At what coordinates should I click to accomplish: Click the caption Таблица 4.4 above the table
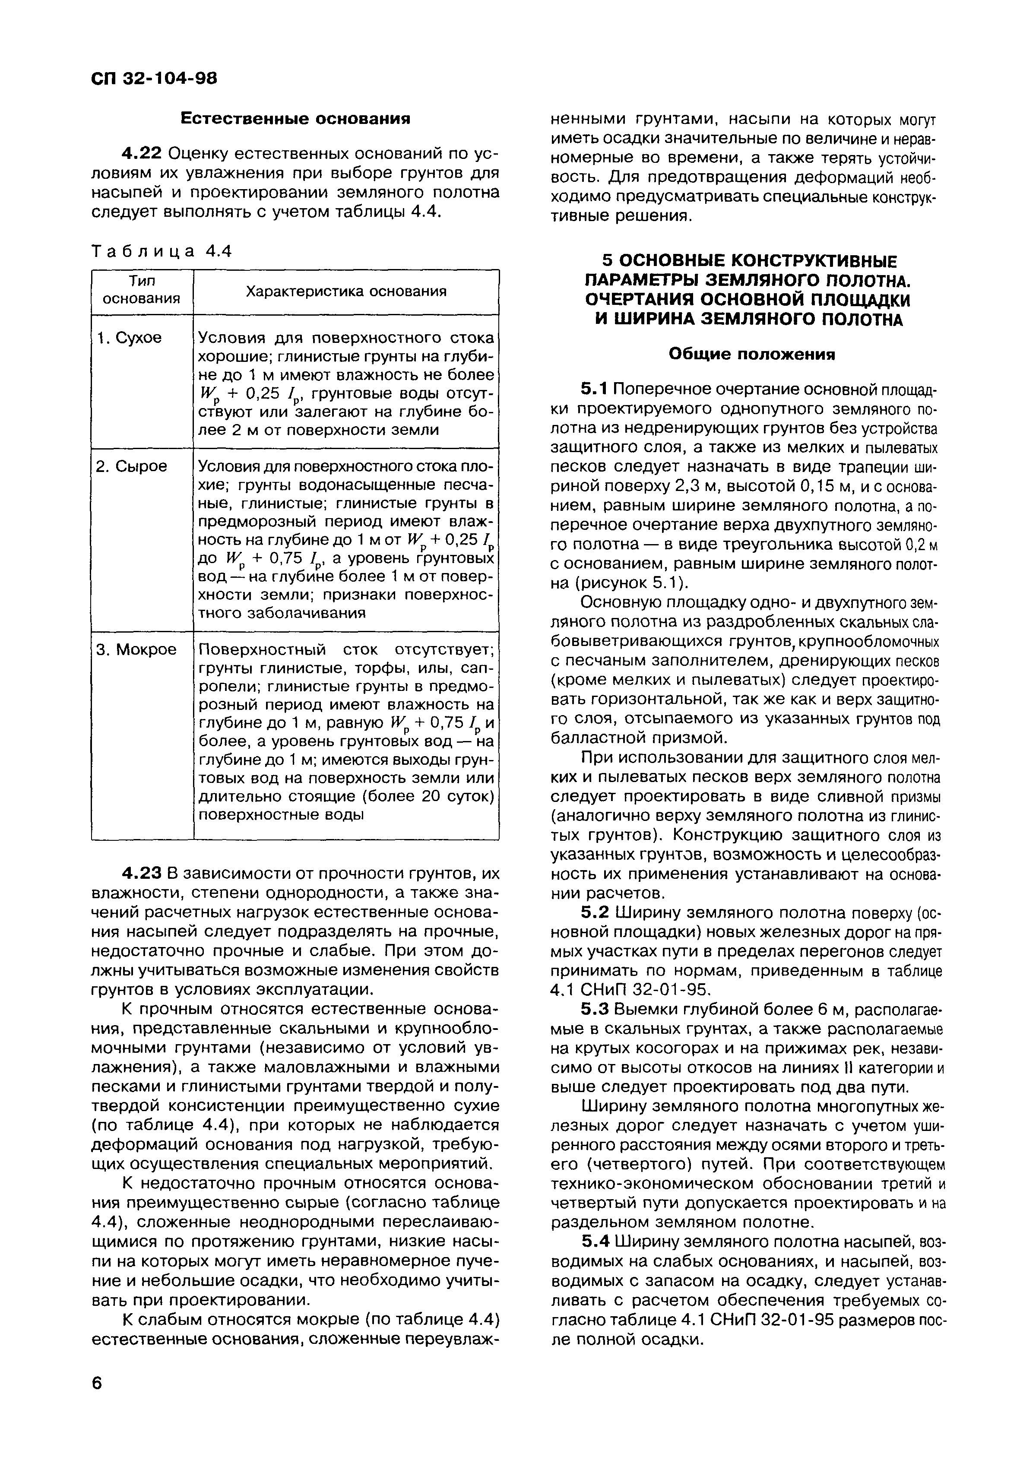click(161, 251)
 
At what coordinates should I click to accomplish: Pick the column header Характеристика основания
click(346, 291)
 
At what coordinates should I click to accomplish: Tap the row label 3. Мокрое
click(136, 649)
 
